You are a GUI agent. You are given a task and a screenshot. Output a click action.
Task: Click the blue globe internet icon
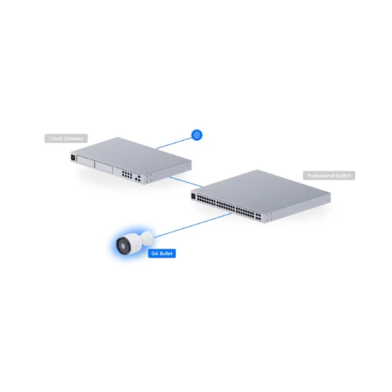pyautogui.click(x=197, y=135)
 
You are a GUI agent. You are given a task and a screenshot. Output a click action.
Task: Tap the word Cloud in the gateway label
pyautogui.click(x=56, y=139)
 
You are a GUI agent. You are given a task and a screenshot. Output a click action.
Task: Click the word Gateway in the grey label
pyautogui.click(x=73, y=139)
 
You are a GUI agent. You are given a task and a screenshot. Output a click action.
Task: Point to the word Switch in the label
pyautogui.click(x=344, y=176)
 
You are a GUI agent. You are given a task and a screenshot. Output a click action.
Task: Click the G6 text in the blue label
pyautogui.click(x=155, y=253)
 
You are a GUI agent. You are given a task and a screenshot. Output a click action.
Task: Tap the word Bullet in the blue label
pyautogui.click(x=166, y=253)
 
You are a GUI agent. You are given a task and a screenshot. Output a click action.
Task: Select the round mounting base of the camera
pyautogui.click(x=148, y=237)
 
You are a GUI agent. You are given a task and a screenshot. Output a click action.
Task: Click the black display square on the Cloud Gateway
pyautogui.click(x=73, y=157)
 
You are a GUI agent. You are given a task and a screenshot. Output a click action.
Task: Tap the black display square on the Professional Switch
pyautogui.click(x=193, y=197)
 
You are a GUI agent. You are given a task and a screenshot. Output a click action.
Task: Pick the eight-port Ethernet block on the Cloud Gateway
pyautogui.click(x=127, y=174)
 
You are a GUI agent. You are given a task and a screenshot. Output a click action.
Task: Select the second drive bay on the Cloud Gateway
pyautogui.click(x=104, y=167)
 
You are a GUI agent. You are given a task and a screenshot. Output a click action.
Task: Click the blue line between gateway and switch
pyautogui.click(x=186, y=182)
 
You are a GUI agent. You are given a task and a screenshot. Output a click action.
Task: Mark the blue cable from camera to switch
pyautogui.click(x=193, y=225)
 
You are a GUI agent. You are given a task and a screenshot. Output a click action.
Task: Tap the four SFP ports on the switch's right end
pyautogui.click(x=258, y=216)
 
